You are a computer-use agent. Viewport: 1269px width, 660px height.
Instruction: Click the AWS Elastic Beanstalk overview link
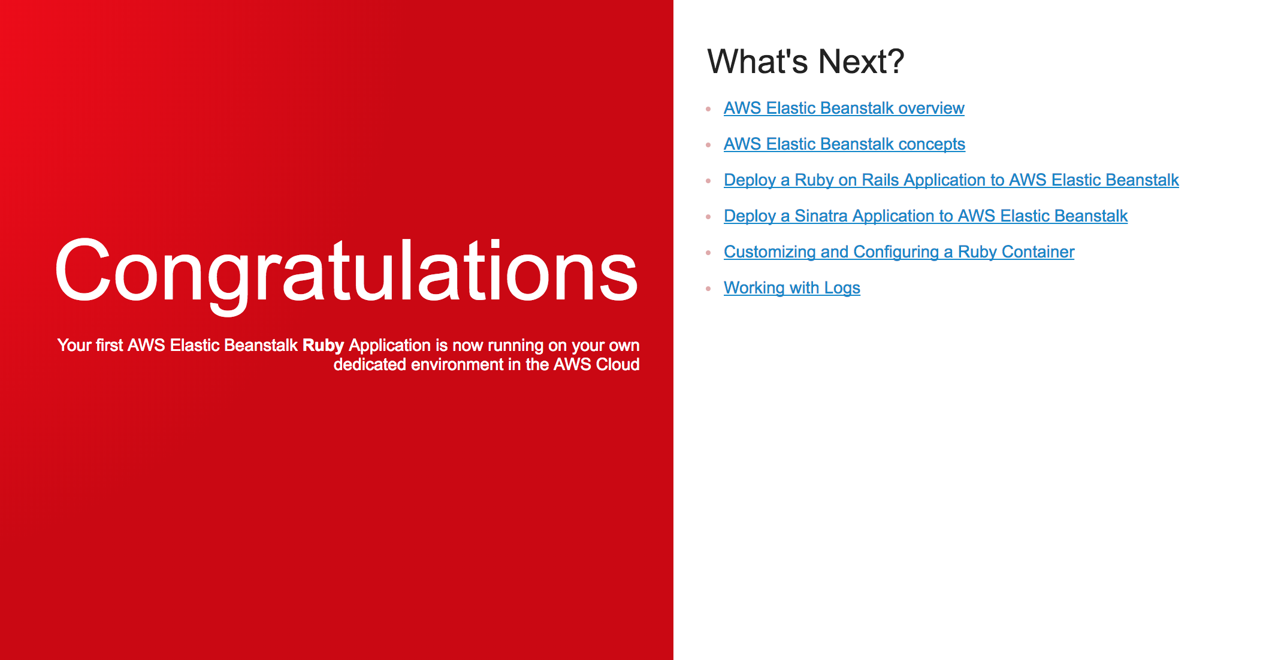point(844,108)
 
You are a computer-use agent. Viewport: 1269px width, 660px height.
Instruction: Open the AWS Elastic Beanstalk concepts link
point(844,144)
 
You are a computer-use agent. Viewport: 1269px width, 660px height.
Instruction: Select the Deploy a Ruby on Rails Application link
point(951,180)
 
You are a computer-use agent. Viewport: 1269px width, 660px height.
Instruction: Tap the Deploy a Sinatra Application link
point(926,216)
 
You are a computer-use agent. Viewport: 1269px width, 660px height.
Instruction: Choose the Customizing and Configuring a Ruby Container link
point(899,252)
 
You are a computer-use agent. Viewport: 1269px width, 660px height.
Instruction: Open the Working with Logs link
point(791,288)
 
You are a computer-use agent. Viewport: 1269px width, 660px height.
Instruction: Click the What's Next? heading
point(805,61)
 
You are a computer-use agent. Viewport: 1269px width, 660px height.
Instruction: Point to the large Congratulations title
point(346,273)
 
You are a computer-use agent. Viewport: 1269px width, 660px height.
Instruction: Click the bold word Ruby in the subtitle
point(323,346)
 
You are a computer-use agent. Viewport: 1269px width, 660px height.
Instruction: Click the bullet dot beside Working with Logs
point(708,289)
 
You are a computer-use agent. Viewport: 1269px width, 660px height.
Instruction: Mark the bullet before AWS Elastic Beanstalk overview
point(708,109)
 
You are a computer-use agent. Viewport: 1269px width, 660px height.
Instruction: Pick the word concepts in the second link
point(932,145)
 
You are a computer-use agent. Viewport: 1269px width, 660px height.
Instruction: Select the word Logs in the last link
point(842,289)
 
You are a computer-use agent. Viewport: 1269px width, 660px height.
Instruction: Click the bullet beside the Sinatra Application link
point(708,217)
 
